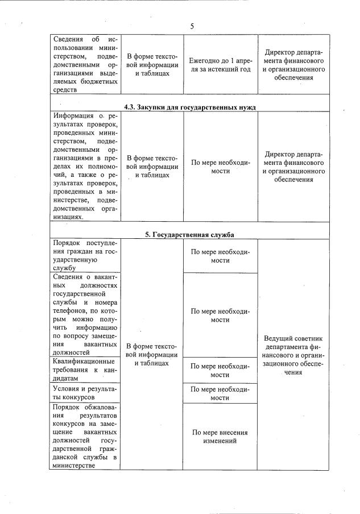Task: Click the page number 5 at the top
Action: coord(192,26)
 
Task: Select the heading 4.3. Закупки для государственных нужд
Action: coord(190,107)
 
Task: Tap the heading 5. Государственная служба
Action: coord(189,234)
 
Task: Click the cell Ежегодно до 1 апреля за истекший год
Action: coord(220,64)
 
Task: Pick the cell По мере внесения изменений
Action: coord(220,436)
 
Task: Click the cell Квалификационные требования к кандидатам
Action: coord(84,369)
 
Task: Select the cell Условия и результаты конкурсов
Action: coord(84,393)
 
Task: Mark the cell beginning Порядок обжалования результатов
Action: coord(84,436)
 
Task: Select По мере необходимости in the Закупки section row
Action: coord(220,166)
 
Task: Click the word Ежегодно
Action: coord(205,60)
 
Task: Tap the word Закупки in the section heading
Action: coord(155,107)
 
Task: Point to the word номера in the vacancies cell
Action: coord(103,303)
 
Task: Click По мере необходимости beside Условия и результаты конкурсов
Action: coord(220,393)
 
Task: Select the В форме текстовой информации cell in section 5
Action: coord(151,354)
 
